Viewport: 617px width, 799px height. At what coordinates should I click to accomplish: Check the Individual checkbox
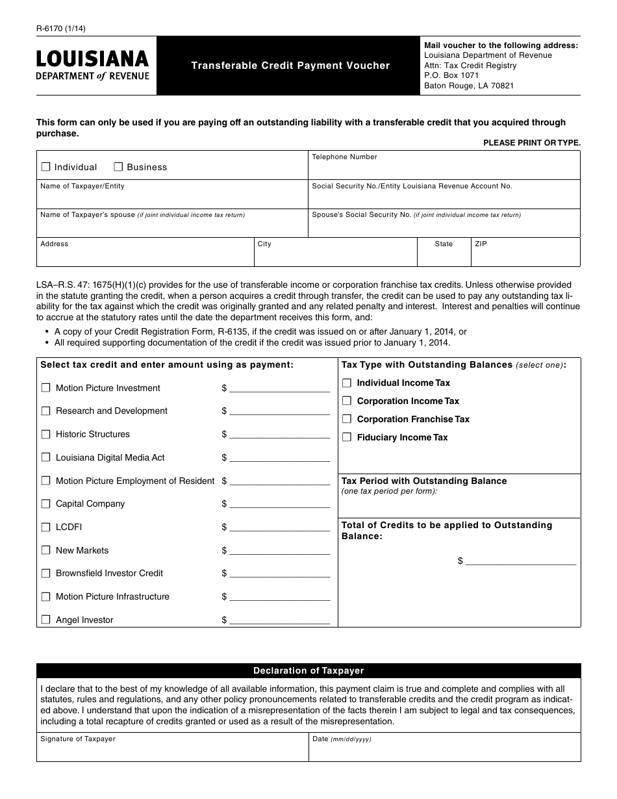[45, 167]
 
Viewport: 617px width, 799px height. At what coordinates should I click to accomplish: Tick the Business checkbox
[118, 167]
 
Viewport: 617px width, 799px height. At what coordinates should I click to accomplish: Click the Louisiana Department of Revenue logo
[93, 66]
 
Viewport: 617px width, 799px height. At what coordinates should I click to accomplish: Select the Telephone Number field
[444, 168]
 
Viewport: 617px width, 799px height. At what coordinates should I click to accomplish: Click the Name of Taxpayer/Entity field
[172, 198]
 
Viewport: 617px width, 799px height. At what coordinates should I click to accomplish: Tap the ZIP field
[525, 256]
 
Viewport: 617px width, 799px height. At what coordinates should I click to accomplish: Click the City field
[334, 256]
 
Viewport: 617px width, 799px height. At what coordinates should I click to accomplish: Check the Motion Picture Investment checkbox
[45, 388]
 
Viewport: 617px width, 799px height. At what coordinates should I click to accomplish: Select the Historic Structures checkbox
[45, 434]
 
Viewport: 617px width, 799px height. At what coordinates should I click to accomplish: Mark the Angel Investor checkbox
[45, 620]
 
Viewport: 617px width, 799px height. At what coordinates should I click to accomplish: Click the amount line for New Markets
[279, 550]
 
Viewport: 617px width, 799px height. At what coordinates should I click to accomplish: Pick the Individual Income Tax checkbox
[347, 383]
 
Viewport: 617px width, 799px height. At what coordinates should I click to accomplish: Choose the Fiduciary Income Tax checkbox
[347, 438]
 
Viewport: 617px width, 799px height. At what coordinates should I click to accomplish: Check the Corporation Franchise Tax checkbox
[347, 420]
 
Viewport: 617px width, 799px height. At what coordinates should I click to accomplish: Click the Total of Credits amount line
[521, 561]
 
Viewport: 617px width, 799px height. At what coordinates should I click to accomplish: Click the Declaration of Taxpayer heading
[308, 671]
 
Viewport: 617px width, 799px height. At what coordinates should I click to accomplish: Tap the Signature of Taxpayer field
[172, 751]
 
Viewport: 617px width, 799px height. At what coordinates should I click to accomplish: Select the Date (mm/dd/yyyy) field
[444, 751]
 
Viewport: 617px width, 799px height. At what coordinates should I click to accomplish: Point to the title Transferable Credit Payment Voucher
[290, 66]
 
